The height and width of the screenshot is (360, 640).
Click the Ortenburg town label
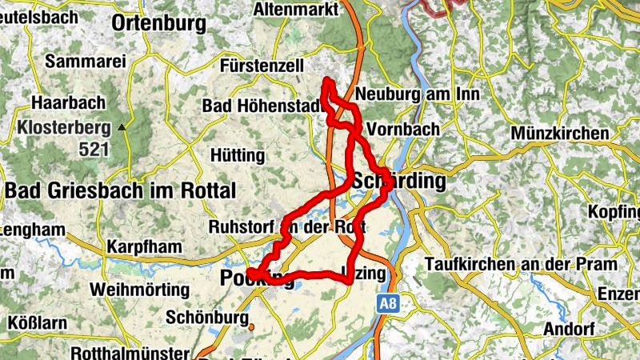[159, 24]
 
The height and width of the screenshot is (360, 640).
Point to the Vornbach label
[402, 128]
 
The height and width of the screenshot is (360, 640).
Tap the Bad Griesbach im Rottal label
[121, 190]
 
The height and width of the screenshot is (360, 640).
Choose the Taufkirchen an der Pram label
[521, 264]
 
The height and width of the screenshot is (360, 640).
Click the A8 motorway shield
[388, 303]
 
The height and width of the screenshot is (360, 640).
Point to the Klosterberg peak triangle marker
[122, 126]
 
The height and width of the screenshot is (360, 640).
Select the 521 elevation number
[94, 149]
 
